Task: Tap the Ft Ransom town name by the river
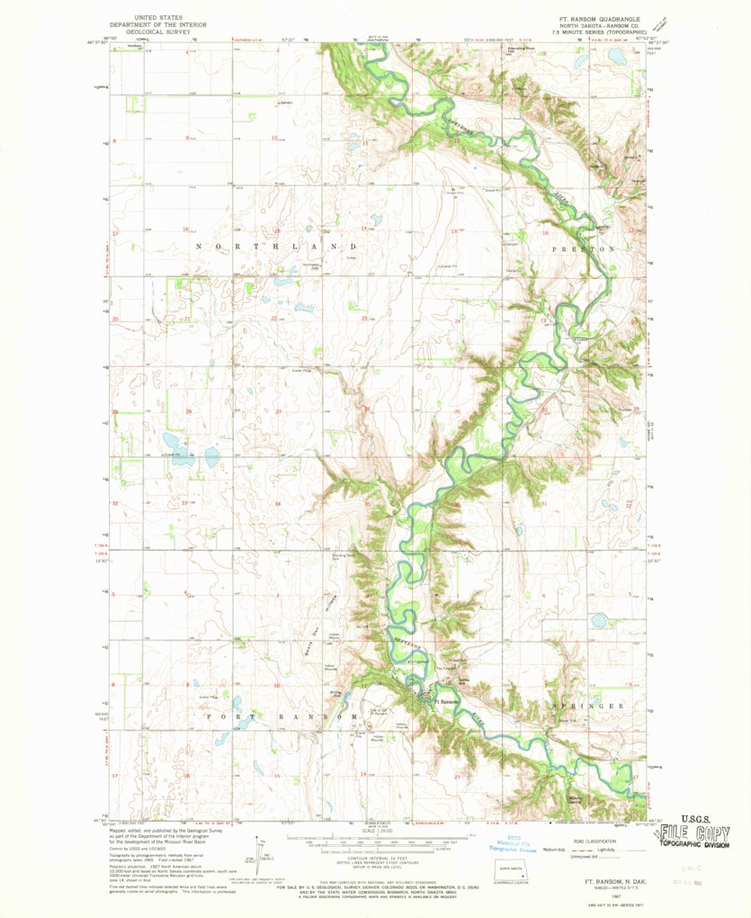[x=447, y=702]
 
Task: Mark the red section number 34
[x=277, y=503]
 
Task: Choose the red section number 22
[x=273, y=319]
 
